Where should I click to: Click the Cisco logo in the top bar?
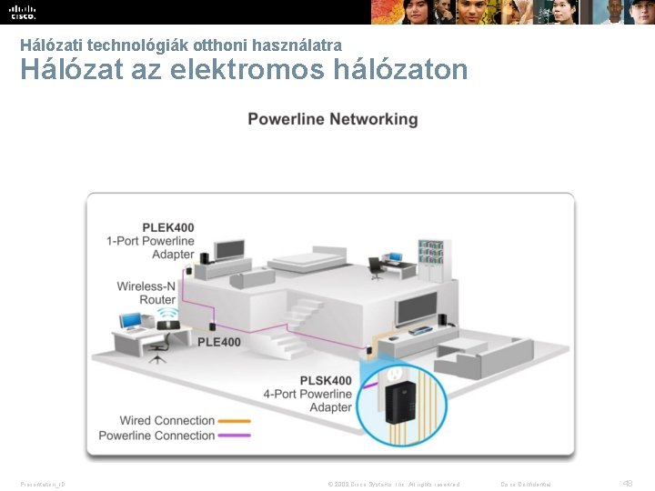[x=23, y=12]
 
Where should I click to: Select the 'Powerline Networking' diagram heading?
[x=332, y=120]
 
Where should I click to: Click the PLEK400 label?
[x=167, y=227]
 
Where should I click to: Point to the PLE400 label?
[x=219, y=342]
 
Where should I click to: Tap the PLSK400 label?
[x=326, y=380]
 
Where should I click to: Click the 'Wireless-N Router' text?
[x=146, y=293]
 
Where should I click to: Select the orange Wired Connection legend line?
[x=235, y=421]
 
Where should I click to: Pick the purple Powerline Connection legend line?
[x=235, y=436]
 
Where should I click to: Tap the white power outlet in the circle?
[x=394, y=374]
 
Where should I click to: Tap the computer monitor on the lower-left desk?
[x=130, y=321]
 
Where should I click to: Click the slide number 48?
[x=627, y=484]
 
